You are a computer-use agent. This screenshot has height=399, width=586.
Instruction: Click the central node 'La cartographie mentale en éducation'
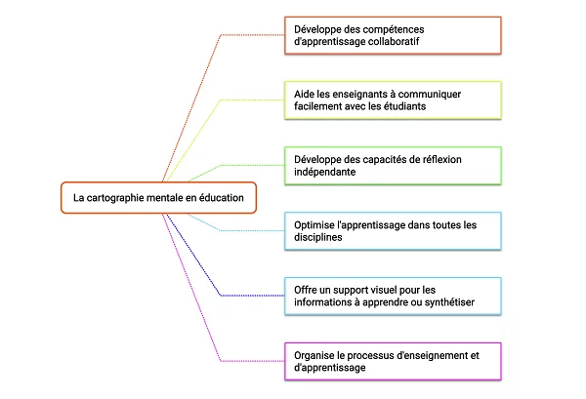pyautogui.click(x=158, y=198)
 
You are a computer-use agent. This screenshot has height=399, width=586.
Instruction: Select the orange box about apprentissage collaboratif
pyautogui.click(x=393, y=35)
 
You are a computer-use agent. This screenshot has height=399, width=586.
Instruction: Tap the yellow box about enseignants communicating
pyautogui.click(x=393, y=100)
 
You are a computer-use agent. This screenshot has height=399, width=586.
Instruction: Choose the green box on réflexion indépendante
pyautogui.click(x=393, y=166)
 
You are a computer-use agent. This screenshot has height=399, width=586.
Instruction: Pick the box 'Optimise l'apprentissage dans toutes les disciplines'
pyautogui.click(x=393, y=231)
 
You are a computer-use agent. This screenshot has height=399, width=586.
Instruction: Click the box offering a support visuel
pyautogui.click(x=393, y=297)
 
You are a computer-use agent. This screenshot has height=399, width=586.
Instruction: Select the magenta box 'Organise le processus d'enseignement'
pyautogui.click(x=393, y=361)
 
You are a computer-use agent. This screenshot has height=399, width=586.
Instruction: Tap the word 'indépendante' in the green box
pyautogui.click(x=325, y=172)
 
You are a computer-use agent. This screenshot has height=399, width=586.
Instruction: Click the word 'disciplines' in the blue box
pyautogui.click(x=318, y=237)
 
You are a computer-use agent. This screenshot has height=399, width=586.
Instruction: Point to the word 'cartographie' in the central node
pyautogui.click(x=115, y=198)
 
